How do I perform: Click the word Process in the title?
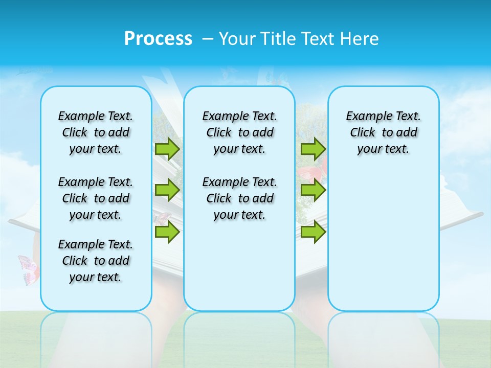click(158, 38)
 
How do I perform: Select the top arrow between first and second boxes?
click(167, 149)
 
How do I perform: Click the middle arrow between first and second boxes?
click(167, 190)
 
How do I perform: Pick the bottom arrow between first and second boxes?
click(167, 232)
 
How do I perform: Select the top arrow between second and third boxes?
click(313, 149)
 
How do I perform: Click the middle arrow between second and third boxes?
click(313, 190)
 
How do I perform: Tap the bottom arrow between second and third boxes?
click(313, 232)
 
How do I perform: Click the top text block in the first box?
click(96, 132)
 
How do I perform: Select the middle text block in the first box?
click(96, 198)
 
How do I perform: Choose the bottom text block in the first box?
click(96, 261)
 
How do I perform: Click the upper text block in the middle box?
click(239, 132)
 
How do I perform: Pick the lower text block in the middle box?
click(239, 198)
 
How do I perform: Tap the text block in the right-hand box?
click(383, 132)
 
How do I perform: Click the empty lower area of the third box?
click(383, 245)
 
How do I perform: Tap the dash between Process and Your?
click(207, 38)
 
